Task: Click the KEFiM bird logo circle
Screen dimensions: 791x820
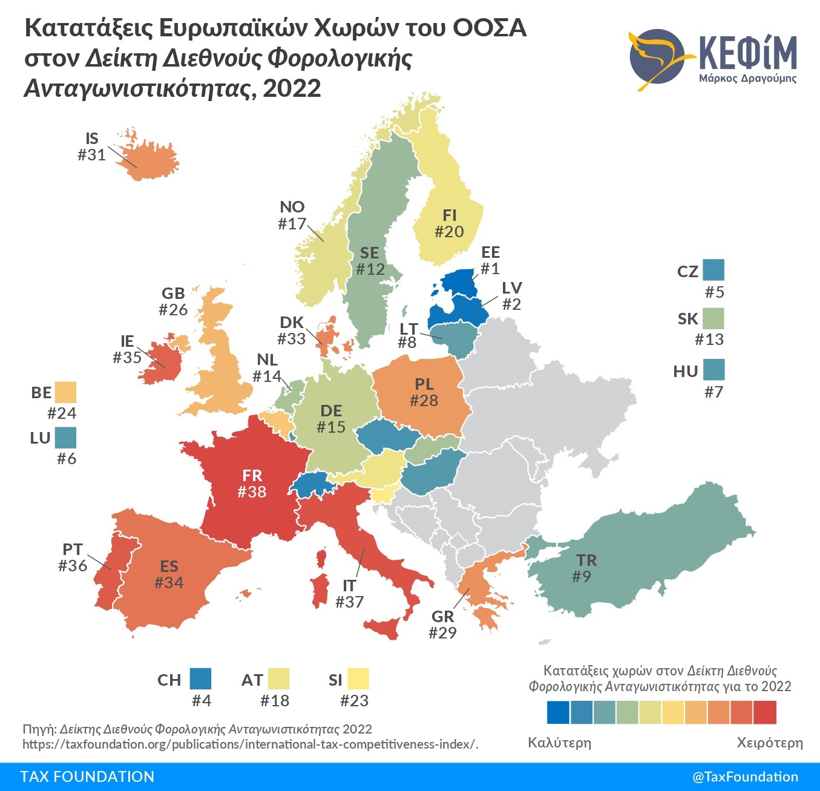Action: [657, 59]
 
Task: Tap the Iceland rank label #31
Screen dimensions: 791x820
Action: [92, 155]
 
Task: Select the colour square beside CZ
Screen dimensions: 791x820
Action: [713, 269]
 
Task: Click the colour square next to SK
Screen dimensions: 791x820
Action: [713, 318]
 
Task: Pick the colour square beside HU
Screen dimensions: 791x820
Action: [713, 370]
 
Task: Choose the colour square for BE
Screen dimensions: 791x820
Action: [65, 392]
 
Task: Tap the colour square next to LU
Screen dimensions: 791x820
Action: [65, 438]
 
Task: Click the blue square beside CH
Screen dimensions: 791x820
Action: [200, 678]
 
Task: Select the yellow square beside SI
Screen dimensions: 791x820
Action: [358, 678]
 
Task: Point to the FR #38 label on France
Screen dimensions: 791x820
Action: [252, 484]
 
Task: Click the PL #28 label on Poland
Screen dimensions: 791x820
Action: [424, 392]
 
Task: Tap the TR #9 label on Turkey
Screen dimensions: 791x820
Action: [584, 568]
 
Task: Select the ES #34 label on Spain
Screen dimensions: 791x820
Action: [169, 574]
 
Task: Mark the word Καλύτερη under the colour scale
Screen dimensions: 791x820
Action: [559, 743]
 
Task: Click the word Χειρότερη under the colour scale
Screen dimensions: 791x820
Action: [770, 743]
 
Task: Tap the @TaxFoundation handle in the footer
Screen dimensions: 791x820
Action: [745, 776]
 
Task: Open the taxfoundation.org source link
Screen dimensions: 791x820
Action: [249, 744]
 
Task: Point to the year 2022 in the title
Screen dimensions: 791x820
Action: [292, 88]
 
